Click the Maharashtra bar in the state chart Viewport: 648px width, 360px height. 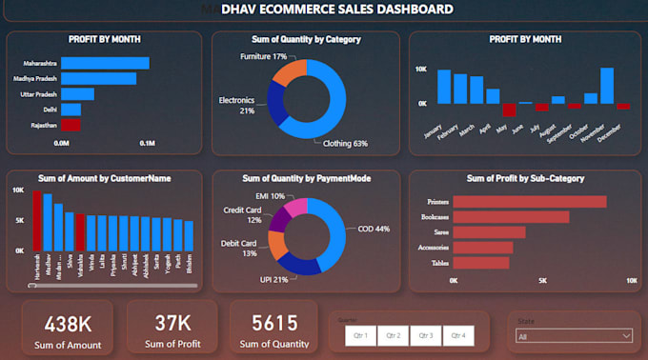click(x=105, y=63)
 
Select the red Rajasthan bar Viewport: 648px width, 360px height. click(x=71, y=125)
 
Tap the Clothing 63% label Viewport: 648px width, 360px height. click(x=346, y=144)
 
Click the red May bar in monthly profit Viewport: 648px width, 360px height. click(x=509, y=110)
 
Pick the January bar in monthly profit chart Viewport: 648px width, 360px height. click(x=442, y=87)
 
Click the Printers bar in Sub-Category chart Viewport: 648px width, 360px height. click(x=530, y=201)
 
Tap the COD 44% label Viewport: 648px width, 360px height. click(x=373, y=229)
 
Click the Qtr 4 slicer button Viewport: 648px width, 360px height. click(x=457, y=335)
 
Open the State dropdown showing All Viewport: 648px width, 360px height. click(x=572, y=335)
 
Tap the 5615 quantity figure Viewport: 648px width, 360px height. click(x=273, y=323)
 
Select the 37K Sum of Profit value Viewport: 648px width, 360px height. click(x=172, y=323)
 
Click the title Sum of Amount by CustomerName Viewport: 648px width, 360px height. click(x=104, y=177)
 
